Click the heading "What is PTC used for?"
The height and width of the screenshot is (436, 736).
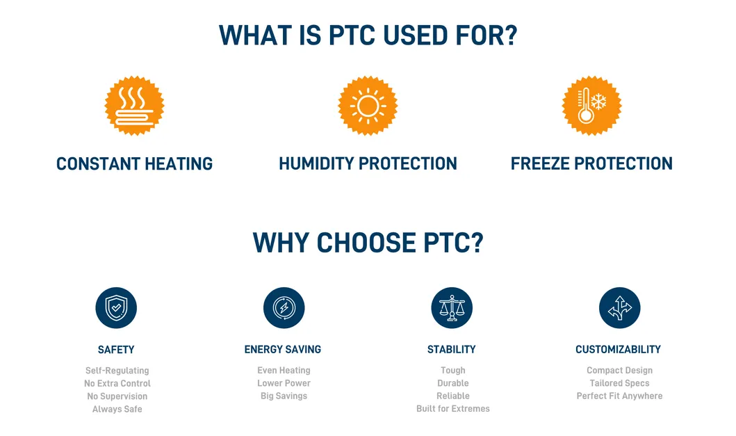coord(368,35)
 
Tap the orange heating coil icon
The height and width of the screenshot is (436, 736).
coord(134,106)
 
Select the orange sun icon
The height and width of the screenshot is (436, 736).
coord(368,106)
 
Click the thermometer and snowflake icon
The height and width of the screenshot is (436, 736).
coord(591,106)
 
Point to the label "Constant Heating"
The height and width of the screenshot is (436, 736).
coord(134,163)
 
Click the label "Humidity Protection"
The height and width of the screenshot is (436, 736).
coord(368,163)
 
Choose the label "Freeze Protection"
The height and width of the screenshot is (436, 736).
coord(591,163)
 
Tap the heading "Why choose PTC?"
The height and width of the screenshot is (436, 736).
coord(368,243)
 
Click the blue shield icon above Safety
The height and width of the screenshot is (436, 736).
coord(116,307)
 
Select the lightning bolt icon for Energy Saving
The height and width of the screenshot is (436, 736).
coord(284,307)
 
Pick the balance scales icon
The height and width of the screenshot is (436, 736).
coord(452,307)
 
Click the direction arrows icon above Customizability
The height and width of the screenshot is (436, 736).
coord(619,307)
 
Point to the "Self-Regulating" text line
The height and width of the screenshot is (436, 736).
coord(117,371)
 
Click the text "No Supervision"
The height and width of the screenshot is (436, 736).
coord(117,396)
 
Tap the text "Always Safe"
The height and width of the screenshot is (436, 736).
coord(117,409)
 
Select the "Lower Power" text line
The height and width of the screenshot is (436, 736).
coord(284,383)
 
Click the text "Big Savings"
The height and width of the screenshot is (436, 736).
coord(284,396)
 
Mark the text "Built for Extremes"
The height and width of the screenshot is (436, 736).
coord(452,408)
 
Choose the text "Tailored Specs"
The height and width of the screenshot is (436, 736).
coord(619,383)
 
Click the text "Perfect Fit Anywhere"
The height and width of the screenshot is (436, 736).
coord(619,396)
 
